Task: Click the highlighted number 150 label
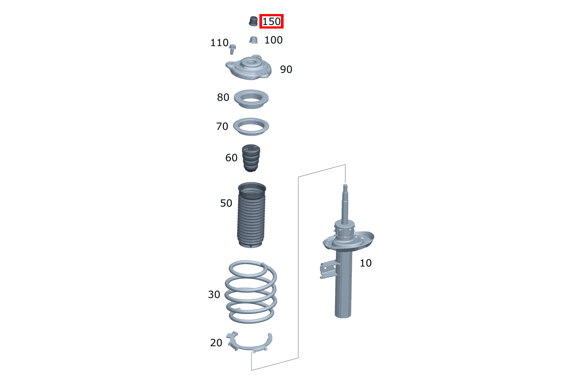point(271,21)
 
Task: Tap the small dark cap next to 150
point(253,21)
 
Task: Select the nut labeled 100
point(253,40)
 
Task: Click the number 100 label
point(273,40)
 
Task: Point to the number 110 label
point(219,43)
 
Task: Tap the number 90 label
point(286,69)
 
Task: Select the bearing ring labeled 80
point(251,99)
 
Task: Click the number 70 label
point(222,127)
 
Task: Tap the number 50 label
point(226,203)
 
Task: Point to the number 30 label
point(214,295)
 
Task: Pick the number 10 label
point(365,263)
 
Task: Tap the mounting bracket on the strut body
point(328,269)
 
